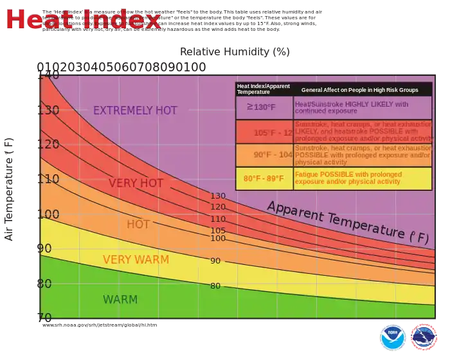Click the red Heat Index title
[x=84, y=20]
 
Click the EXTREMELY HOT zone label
[x=135, y=111]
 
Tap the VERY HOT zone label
[x=136, y=183]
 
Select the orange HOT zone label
[x=138, y=224]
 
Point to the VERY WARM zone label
[x=136, y=260]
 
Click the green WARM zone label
[x=120, y=300]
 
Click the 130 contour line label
[x=218, y=196]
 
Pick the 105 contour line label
[x=218, y=231]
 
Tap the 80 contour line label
[x=215, y=286]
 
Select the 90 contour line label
[x=215, y=261]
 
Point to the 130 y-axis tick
[x=49, y=111]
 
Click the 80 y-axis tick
[x=45, y=283]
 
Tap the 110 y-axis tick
[x=49, y=179]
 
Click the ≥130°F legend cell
[x=264, y=107]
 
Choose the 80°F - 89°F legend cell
[x=264, y=178]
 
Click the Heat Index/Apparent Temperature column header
[x=264, y=89]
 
